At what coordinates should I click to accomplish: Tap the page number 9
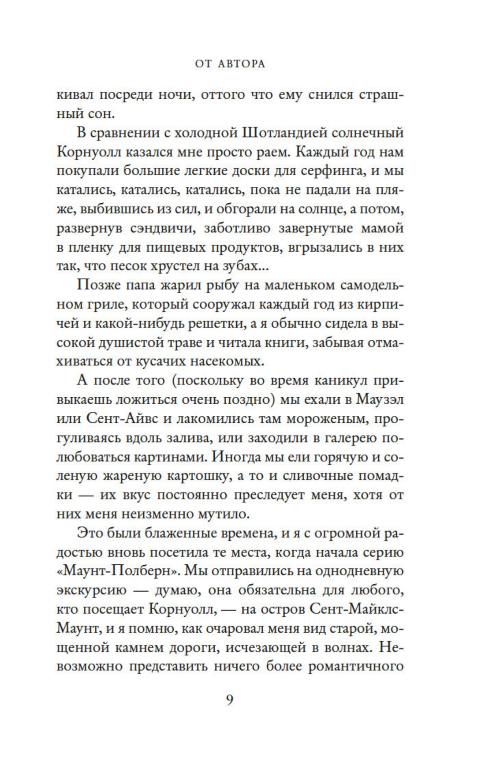229,700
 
